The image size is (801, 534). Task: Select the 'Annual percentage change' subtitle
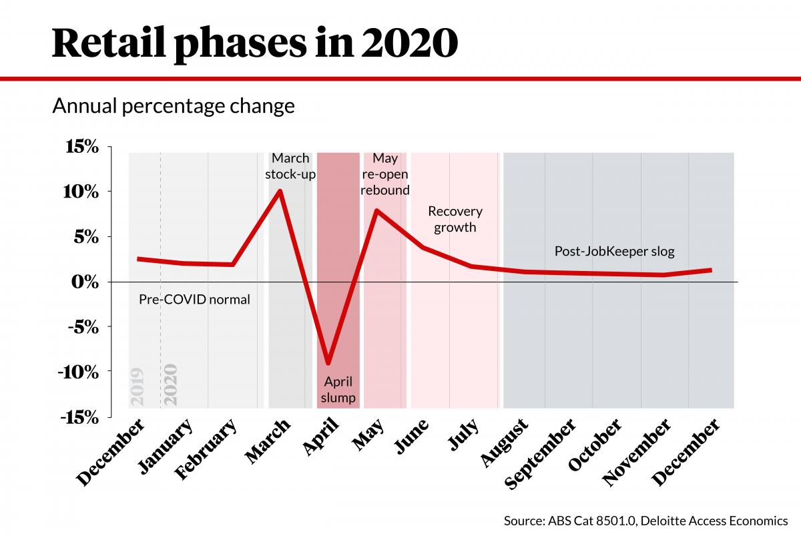pyautogui.click(x=174, y=107)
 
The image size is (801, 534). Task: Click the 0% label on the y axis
pyautogui.click(x=85, y=282)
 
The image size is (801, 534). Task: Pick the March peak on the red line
pyautogui.click(x=280, y=191)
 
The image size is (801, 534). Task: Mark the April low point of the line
pyautogui.click(x=328, y=363)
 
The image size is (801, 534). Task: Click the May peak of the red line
pyautogui.click(x=376, y=211)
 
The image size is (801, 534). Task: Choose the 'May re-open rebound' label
pyautogui.click(x=385, y=174)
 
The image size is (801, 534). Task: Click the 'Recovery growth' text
pyautogui.click(x=455, y=219)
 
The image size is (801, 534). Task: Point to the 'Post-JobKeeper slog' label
pyautogui.click(x=615, y=252)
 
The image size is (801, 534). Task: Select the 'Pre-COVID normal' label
pyautogui.click(x=194, y=300)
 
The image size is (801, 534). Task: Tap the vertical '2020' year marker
pyautogui.click(x=170, y=384)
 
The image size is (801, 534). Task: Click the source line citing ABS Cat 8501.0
pyautogui.click(x=645, y=520)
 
